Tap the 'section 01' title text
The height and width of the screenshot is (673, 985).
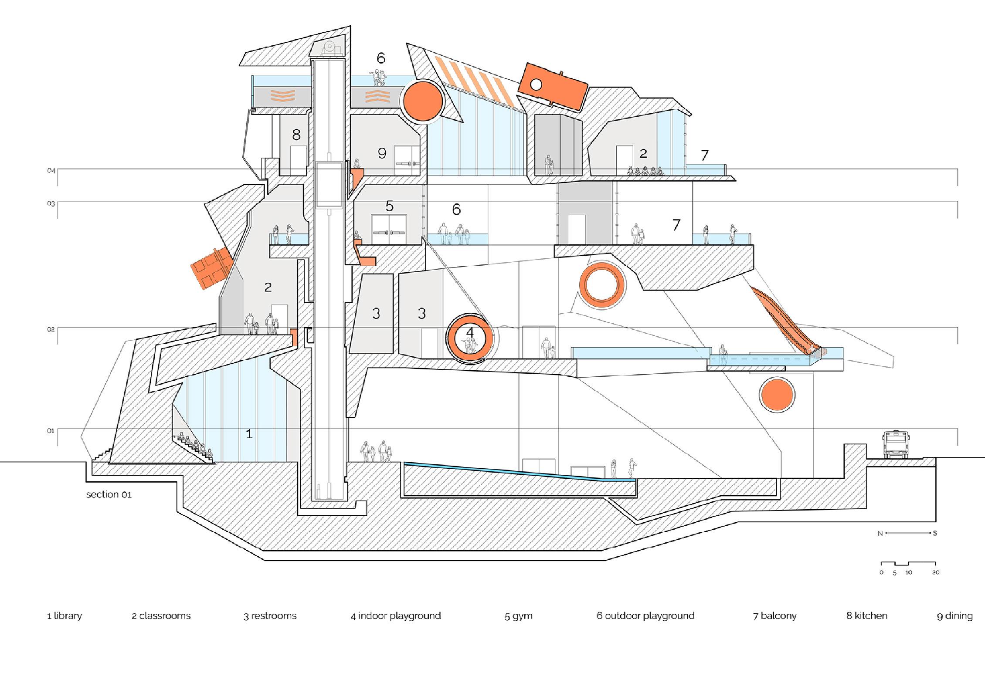point(109,494)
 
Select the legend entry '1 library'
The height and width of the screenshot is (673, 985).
point(65,616)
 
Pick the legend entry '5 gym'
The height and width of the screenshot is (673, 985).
point(518,616)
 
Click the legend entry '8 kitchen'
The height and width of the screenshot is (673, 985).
point(866,616)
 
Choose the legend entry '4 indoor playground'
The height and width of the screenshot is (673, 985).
point(396,616)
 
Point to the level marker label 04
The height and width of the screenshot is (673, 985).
point(51,171)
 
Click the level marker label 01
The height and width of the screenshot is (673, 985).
point(51,431)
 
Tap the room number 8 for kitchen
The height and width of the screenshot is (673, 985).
point(296,135)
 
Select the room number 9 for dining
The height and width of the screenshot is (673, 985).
point(382,153)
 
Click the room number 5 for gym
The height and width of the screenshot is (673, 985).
point(389,206)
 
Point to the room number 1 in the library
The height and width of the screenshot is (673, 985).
point(249,433)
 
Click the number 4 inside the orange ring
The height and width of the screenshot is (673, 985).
point(469,332)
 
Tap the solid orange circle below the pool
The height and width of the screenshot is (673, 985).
point(777,395)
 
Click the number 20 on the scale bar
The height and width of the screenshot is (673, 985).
point(936,572)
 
